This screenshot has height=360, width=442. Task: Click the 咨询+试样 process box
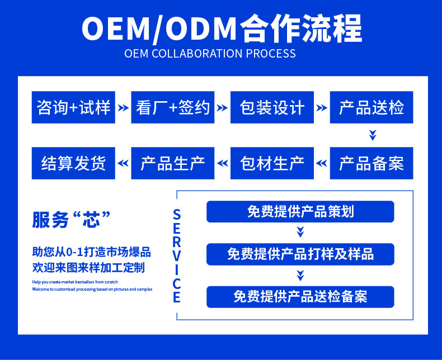pos(73,107)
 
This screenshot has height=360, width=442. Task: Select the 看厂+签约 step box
pos(173,107)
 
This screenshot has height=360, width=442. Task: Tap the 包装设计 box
pos(272,107)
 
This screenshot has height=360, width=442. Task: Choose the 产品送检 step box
pos(372,107)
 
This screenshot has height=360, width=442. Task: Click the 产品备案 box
pos(372,163)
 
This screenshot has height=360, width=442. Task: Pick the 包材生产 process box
pos(272,163)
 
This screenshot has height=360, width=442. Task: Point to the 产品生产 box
pos(173,163)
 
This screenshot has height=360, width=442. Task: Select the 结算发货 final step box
pos(73,163)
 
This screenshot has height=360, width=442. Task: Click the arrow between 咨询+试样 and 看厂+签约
pos(123,107)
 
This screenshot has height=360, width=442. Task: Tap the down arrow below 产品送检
pos(372,135)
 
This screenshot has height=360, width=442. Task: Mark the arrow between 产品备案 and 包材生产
pos(322,163)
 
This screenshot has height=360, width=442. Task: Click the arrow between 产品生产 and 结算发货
pos(123,163)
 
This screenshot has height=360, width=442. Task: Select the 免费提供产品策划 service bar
pos(300,211)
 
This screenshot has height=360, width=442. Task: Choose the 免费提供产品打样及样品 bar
pos(300,254)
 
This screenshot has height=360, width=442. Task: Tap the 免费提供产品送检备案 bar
pos(300,296)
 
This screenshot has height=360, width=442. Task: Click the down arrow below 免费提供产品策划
pos(300,232)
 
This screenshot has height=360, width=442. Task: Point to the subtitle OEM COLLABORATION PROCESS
pos(210,54)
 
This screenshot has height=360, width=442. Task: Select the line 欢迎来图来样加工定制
pos(88,268)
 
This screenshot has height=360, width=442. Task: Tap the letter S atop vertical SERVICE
pos(177,215)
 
